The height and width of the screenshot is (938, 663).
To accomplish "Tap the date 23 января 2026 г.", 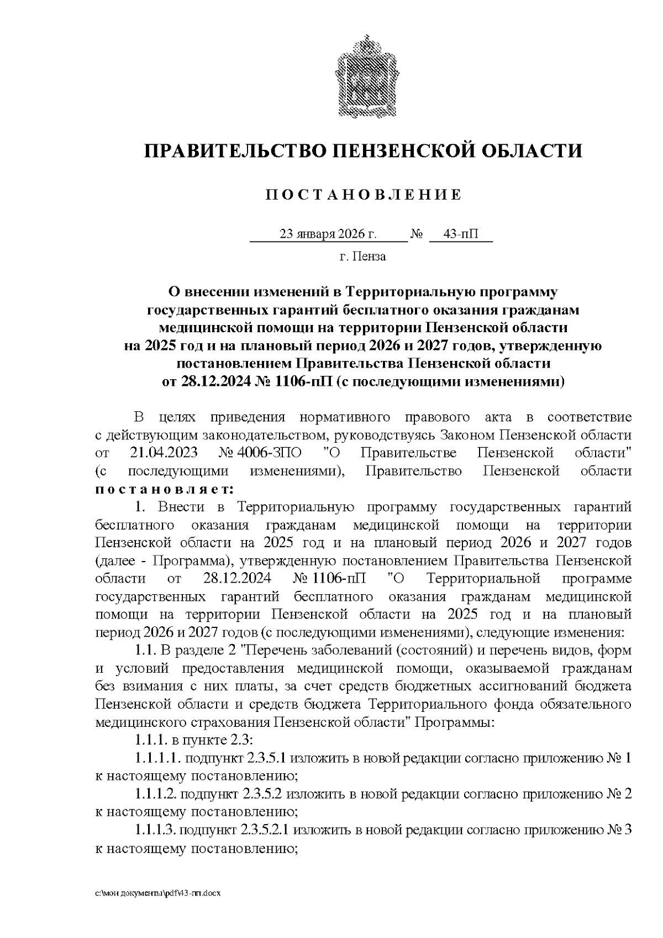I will (x=328, y=234).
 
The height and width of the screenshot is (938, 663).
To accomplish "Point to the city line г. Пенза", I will (x=362, y=256).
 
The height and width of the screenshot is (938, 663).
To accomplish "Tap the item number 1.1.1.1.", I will (x=159, y=758).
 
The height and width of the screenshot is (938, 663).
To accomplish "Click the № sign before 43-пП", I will (x=417, y=234).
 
